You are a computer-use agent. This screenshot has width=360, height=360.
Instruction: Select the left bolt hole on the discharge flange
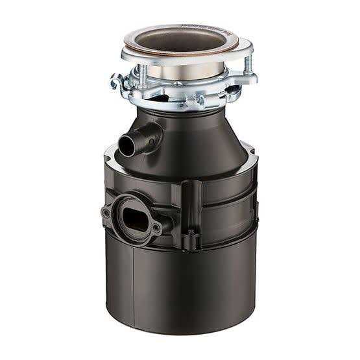point(106,212)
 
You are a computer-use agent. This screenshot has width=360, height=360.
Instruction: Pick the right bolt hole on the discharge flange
point(157,228)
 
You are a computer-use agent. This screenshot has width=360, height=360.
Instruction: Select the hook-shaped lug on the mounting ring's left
point(117,82)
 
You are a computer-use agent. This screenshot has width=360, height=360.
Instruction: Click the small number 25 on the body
point(191,230)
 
